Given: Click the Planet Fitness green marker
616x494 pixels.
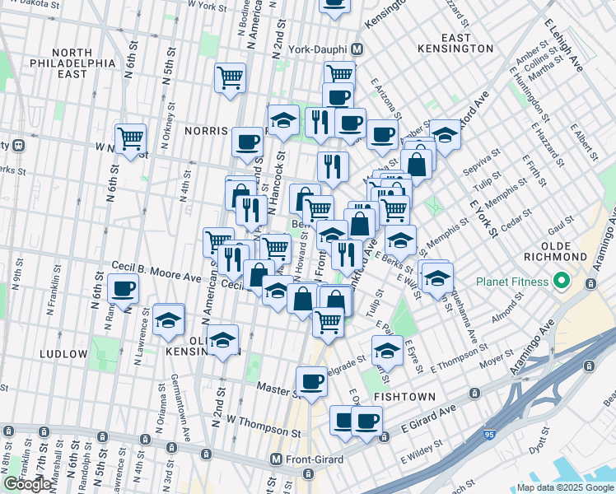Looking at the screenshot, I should click(563, 282).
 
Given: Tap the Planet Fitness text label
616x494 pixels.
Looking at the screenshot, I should click(511, 282).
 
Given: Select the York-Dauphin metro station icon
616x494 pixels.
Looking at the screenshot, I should click(357, 49).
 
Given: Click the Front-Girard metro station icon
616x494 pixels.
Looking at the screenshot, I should click(277, 459).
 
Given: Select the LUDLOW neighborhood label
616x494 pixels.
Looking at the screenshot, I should click(63, 354).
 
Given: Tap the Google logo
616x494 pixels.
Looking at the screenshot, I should click(28, 484).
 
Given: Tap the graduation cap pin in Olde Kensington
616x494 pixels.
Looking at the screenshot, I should click(222, 342).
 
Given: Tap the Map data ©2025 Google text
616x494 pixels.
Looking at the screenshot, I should click(565, 487).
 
